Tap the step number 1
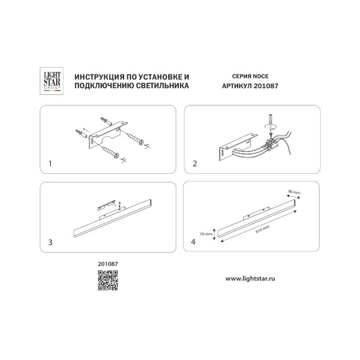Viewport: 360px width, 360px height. coord(50,164)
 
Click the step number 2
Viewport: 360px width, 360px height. coord(195,164)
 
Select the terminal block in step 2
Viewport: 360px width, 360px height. coord(271,146)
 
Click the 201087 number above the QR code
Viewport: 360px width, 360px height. coord(107,263)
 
